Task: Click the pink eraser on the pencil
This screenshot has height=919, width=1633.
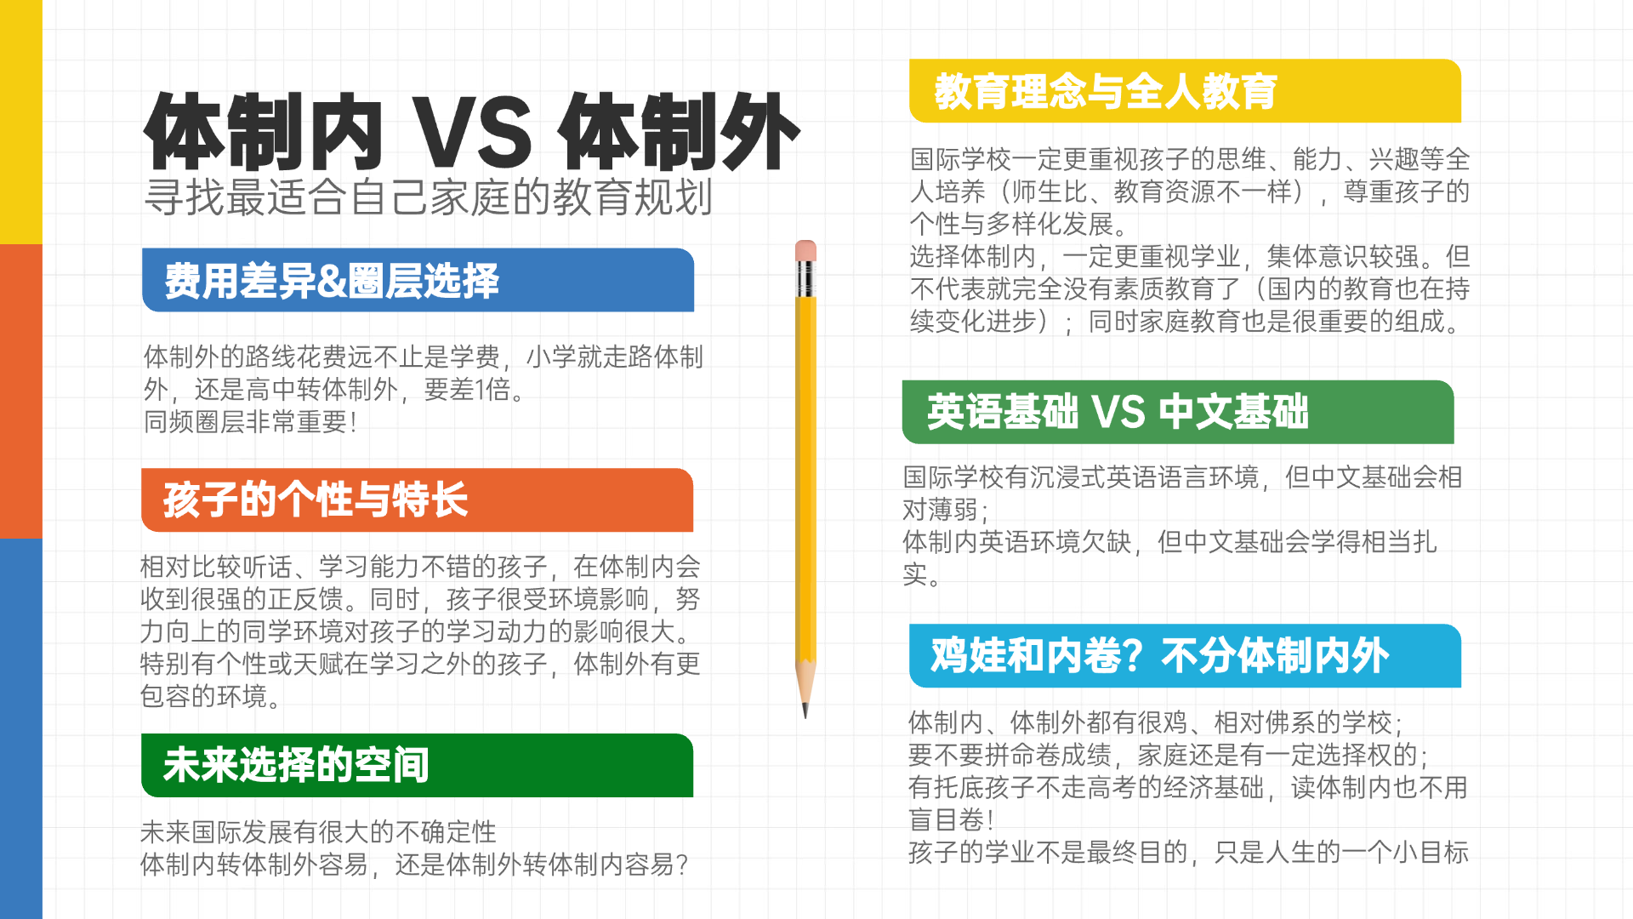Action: pos(805,251)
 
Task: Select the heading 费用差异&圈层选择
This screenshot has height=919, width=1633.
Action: pos(332,281)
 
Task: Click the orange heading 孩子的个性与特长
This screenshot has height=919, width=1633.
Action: pos(316,499)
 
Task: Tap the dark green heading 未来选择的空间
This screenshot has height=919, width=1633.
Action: pos(296,765)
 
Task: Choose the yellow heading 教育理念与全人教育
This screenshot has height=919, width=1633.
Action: pos(1106,91)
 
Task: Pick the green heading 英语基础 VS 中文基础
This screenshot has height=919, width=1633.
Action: pos(1118,412)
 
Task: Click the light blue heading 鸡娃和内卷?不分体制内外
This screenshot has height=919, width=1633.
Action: pos(1160,656)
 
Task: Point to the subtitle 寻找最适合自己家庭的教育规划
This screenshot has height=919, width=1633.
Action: pos(429,197)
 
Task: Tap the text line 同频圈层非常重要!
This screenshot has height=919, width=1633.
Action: pos(250,421)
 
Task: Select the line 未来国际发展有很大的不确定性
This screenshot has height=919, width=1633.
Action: pos(318,831)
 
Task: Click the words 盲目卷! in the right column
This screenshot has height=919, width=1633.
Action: pos(952,819)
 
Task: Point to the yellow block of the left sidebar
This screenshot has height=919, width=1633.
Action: pos(21,122)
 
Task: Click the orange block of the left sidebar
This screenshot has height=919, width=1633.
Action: pos(21,391)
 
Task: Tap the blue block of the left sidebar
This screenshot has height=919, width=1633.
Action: pos(21,728)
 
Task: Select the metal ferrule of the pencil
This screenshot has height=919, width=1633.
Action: pos(805,279)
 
